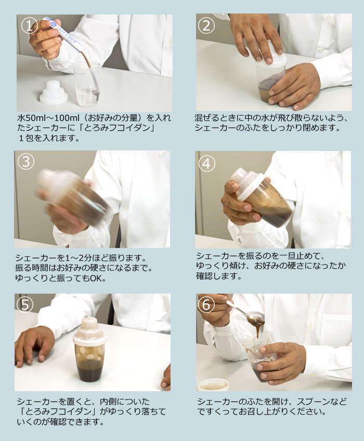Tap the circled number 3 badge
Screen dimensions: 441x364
coord(26,162)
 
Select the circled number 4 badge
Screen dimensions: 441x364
coord(207,163)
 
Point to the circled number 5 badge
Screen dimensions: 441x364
coord(26,305)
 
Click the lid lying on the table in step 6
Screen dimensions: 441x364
coord(213,384)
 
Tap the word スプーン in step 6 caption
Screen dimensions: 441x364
coord(321,402)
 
